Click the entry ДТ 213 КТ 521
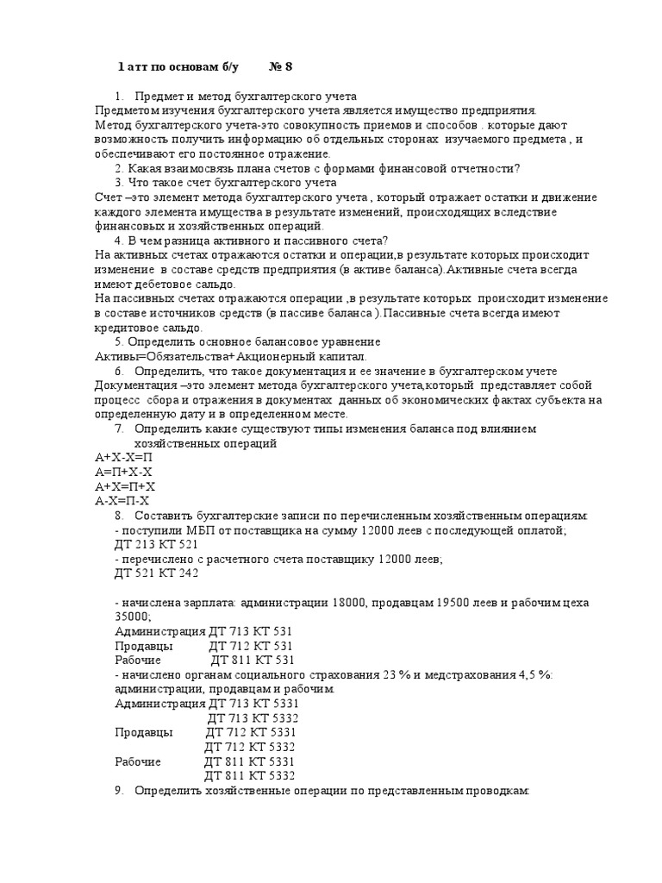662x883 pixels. pos(156,545)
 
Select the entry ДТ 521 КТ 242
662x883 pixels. pos(156,573)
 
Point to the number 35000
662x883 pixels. pos(132,617)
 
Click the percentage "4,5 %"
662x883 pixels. pos(536,673)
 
